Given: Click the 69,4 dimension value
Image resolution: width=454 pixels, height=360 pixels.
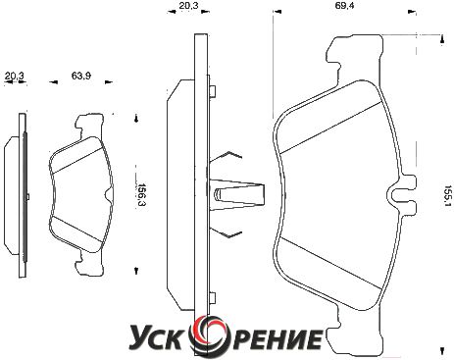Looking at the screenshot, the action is pyautogui.click(x=344, y=6).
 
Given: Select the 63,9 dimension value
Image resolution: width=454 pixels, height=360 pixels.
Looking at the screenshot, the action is pyautogui.click(x=81, y=76).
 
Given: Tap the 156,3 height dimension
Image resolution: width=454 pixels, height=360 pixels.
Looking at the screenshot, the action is pyautogui.click(x=141, y=194).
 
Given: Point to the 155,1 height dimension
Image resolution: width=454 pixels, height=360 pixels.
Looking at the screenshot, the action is pyautogui.click(x=447, y=196).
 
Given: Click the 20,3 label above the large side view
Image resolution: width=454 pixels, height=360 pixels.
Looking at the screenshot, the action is pyautogui.click(x=188, y=6).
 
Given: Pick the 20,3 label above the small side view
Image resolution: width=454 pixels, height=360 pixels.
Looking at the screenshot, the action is pyautogui.click(x=14, y=77).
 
